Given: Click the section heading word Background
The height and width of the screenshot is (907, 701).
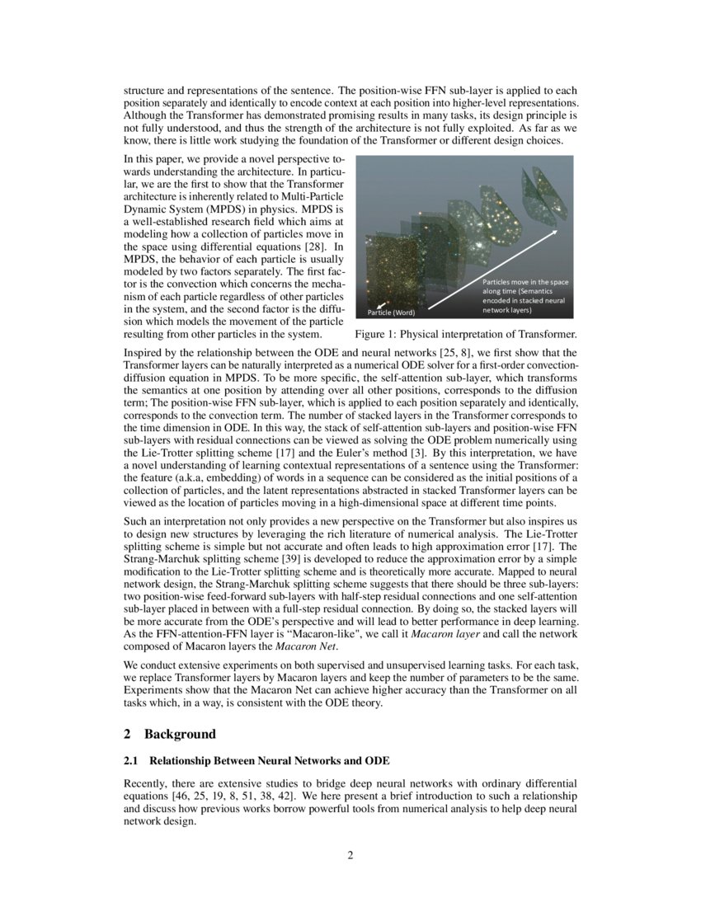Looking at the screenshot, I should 180,734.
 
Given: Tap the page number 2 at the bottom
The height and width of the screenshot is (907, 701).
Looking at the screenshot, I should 350,855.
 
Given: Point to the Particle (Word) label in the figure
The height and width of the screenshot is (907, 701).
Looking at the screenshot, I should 391,313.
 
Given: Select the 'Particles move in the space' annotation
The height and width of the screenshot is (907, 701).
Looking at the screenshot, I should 525,283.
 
